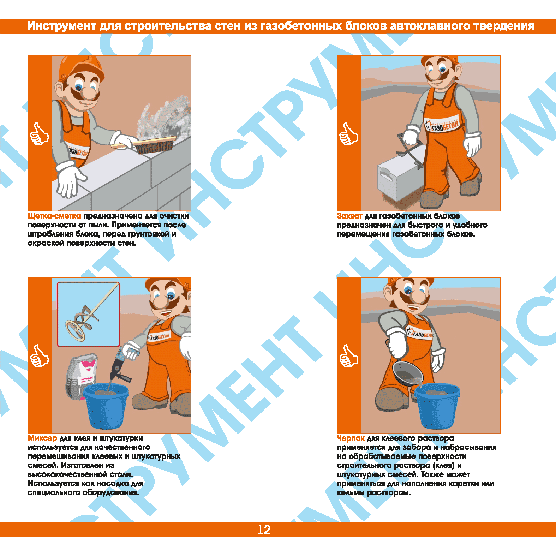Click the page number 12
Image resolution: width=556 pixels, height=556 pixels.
tap(264, 530)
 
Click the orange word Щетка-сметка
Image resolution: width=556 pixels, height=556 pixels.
tap(54, 216)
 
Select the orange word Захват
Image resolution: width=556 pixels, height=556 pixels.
tap(349, 216)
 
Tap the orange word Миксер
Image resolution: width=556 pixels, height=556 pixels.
tap(42, 438)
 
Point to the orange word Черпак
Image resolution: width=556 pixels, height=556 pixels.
tap(351, 438)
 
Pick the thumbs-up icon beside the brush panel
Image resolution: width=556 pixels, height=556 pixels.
tap(40, 133)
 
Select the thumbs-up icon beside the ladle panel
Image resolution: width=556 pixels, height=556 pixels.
tap(349, 356)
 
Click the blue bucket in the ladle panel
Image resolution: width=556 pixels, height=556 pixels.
tap(438, 406)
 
